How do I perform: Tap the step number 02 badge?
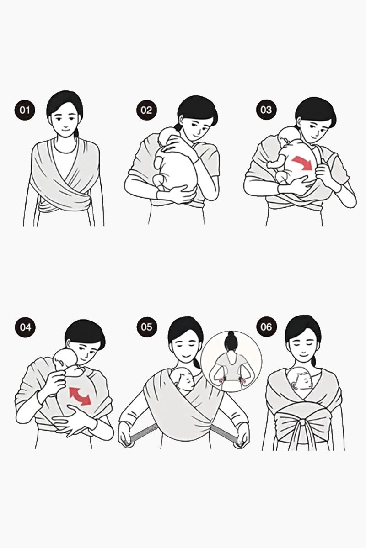[146, 111]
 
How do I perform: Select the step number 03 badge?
[266, 110]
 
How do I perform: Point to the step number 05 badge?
[146, 327]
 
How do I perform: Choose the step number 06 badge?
[266, 327]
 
